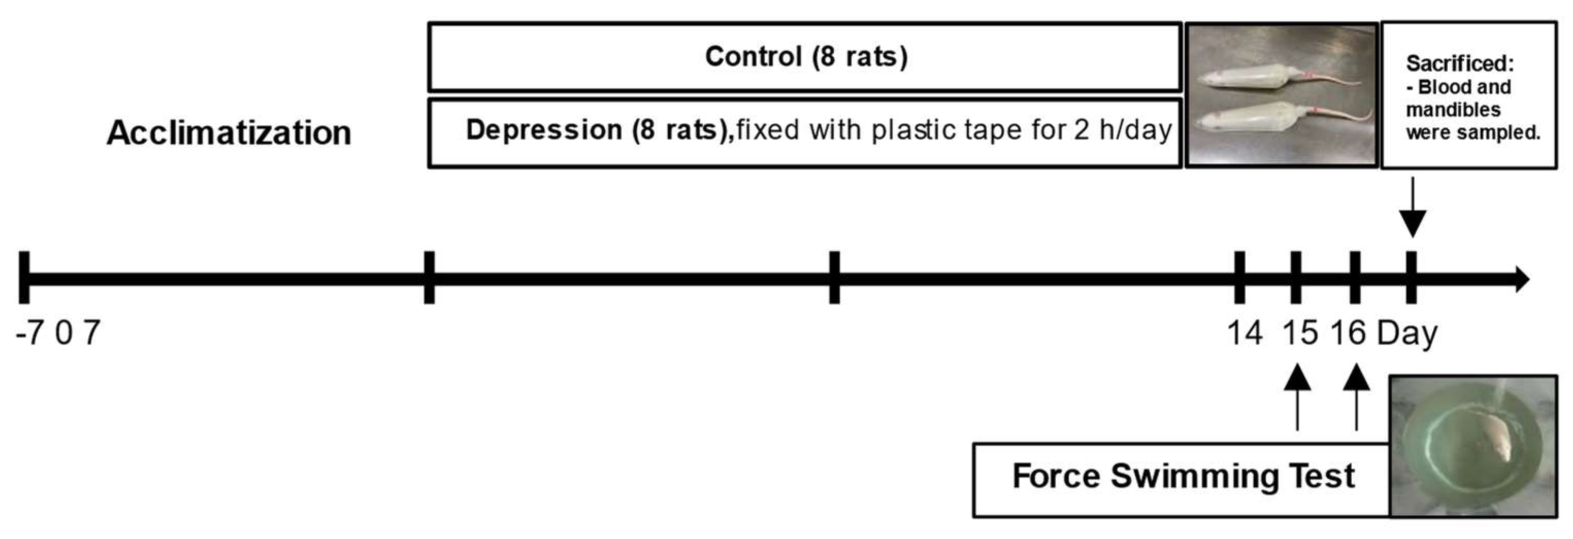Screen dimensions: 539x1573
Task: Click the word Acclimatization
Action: [x=229, y=132]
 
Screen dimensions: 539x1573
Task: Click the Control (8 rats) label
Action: [x=806, y=57]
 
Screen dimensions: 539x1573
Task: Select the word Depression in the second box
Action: [x=544, y=130]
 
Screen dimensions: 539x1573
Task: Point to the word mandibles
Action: [x=1453, y=110]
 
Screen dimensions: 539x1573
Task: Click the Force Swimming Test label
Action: [x=1183, y=476]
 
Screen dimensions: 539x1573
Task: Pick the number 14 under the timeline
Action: [x=1245, y=333]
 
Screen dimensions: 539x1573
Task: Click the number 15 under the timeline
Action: [x=1299, y=333]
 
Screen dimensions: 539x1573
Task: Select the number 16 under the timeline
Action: [x=1348, y=333]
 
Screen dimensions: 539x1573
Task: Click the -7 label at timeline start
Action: [x=29, y=333]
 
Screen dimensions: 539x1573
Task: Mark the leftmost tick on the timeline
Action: [x=24, y=278]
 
